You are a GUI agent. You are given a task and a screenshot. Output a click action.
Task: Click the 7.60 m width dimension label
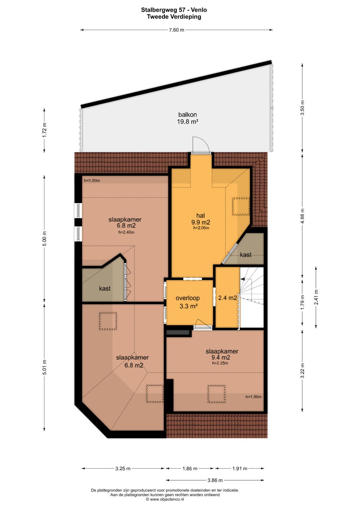(176, 30)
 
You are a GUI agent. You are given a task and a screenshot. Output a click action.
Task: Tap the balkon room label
(187, 115)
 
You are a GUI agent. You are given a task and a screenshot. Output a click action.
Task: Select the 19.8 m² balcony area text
(188, 122)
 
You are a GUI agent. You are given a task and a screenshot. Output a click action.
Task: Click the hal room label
(200, 215)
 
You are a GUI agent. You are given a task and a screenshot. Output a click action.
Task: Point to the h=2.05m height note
(201, 228)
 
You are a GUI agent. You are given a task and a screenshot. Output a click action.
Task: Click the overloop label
(188, 298)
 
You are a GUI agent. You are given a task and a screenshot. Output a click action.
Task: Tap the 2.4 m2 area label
(227, 298)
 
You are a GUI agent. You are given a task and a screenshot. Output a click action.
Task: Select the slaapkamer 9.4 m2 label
(222, 354)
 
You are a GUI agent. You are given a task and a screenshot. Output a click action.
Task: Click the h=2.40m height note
(126, 232)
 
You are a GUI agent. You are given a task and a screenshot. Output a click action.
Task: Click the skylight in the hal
(241, 206)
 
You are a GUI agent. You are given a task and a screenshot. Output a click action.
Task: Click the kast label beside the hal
(245, 255)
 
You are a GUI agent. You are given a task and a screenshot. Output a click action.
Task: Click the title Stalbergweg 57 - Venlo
(174, 10)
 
